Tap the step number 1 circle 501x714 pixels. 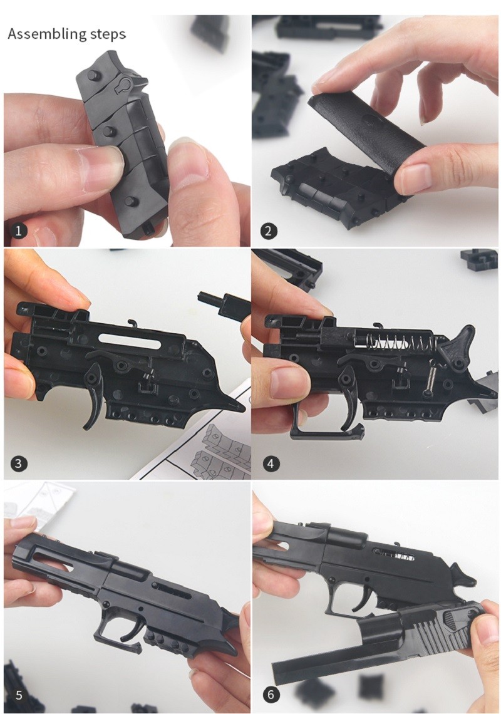pos(19,231)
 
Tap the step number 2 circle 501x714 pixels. pos(268,231)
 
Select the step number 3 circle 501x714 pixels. pos(19,464)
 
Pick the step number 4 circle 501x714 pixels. pos(271,464)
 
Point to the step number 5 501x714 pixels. pos(19,695)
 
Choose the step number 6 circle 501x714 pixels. pos(271,695)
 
